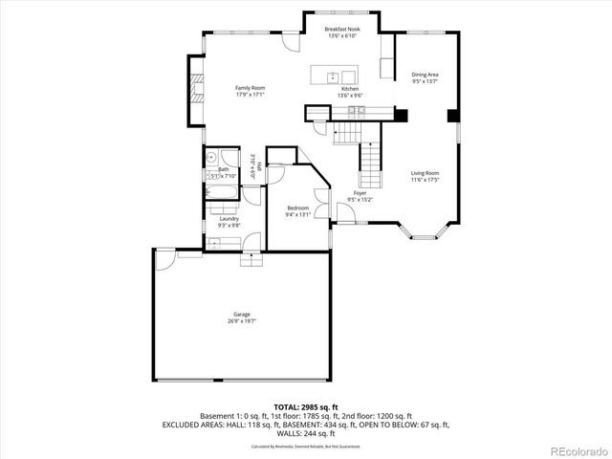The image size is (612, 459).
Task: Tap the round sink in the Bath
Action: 209,156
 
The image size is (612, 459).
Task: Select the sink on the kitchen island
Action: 332,76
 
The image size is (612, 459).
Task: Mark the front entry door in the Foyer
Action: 346,223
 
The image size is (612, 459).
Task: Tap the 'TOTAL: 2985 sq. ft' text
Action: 305,405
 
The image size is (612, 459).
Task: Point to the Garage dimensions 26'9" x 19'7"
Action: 242,322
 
